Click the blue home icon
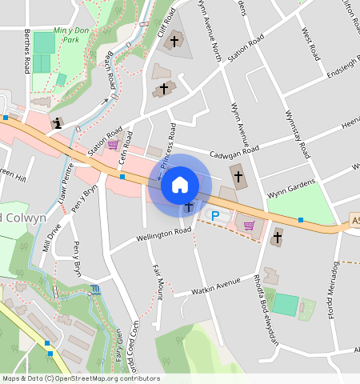[180, 185]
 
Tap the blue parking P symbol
[214, 215]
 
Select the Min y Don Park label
[68, 35]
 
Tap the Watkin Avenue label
[217, 283]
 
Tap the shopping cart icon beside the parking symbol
[249, 226]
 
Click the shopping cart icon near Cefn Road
[113, 145]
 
